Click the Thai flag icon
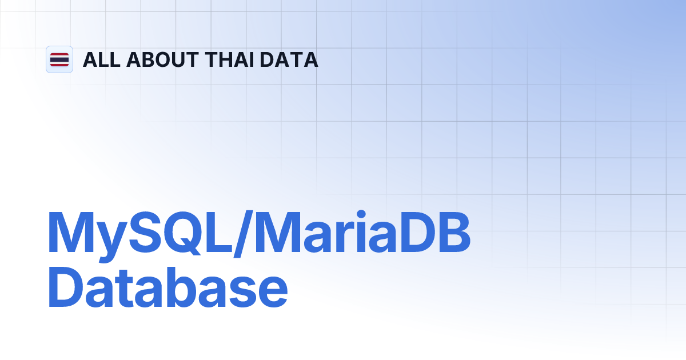[59, 59]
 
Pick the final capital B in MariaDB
[451, 233]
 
